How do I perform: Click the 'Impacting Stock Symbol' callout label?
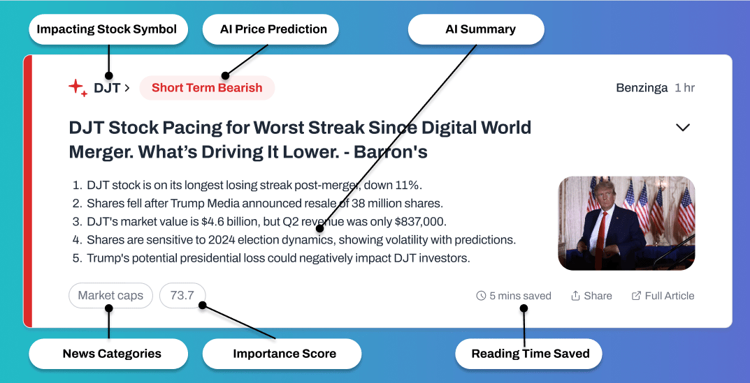[107, 29]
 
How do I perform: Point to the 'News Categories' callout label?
[108, 354]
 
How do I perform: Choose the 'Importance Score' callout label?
[282, 354]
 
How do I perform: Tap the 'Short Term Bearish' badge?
[207, 88]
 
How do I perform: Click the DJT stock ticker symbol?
[107, 88]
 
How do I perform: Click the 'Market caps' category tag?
[110, 296]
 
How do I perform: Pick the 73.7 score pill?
[182, 296]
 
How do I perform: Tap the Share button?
[591, 296]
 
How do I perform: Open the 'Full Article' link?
[663, 296]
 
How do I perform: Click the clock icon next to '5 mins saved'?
[481, 296]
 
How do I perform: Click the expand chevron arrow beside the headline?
[683, 128]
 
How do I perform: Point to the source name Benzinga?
[642, 89]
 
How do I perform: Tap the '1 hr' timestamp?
[684, 89]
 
